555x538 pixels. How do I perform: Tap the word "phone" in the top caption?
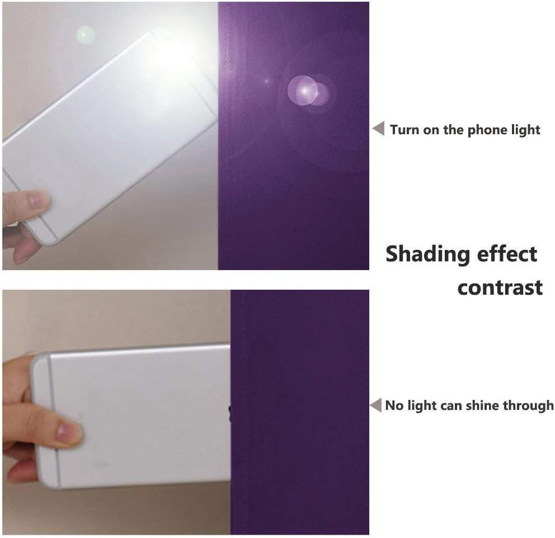[x=483, y=130]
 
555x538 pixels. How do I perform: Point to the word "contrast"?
[x=500, y=287]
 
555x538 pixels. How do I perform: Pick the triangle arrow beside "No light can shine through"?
[x=376, y=405]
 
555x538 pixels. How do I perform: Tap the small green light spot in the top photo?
[x=86, y=35]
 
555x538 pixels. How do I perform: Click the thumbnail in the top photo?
[x=37, y=200]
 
